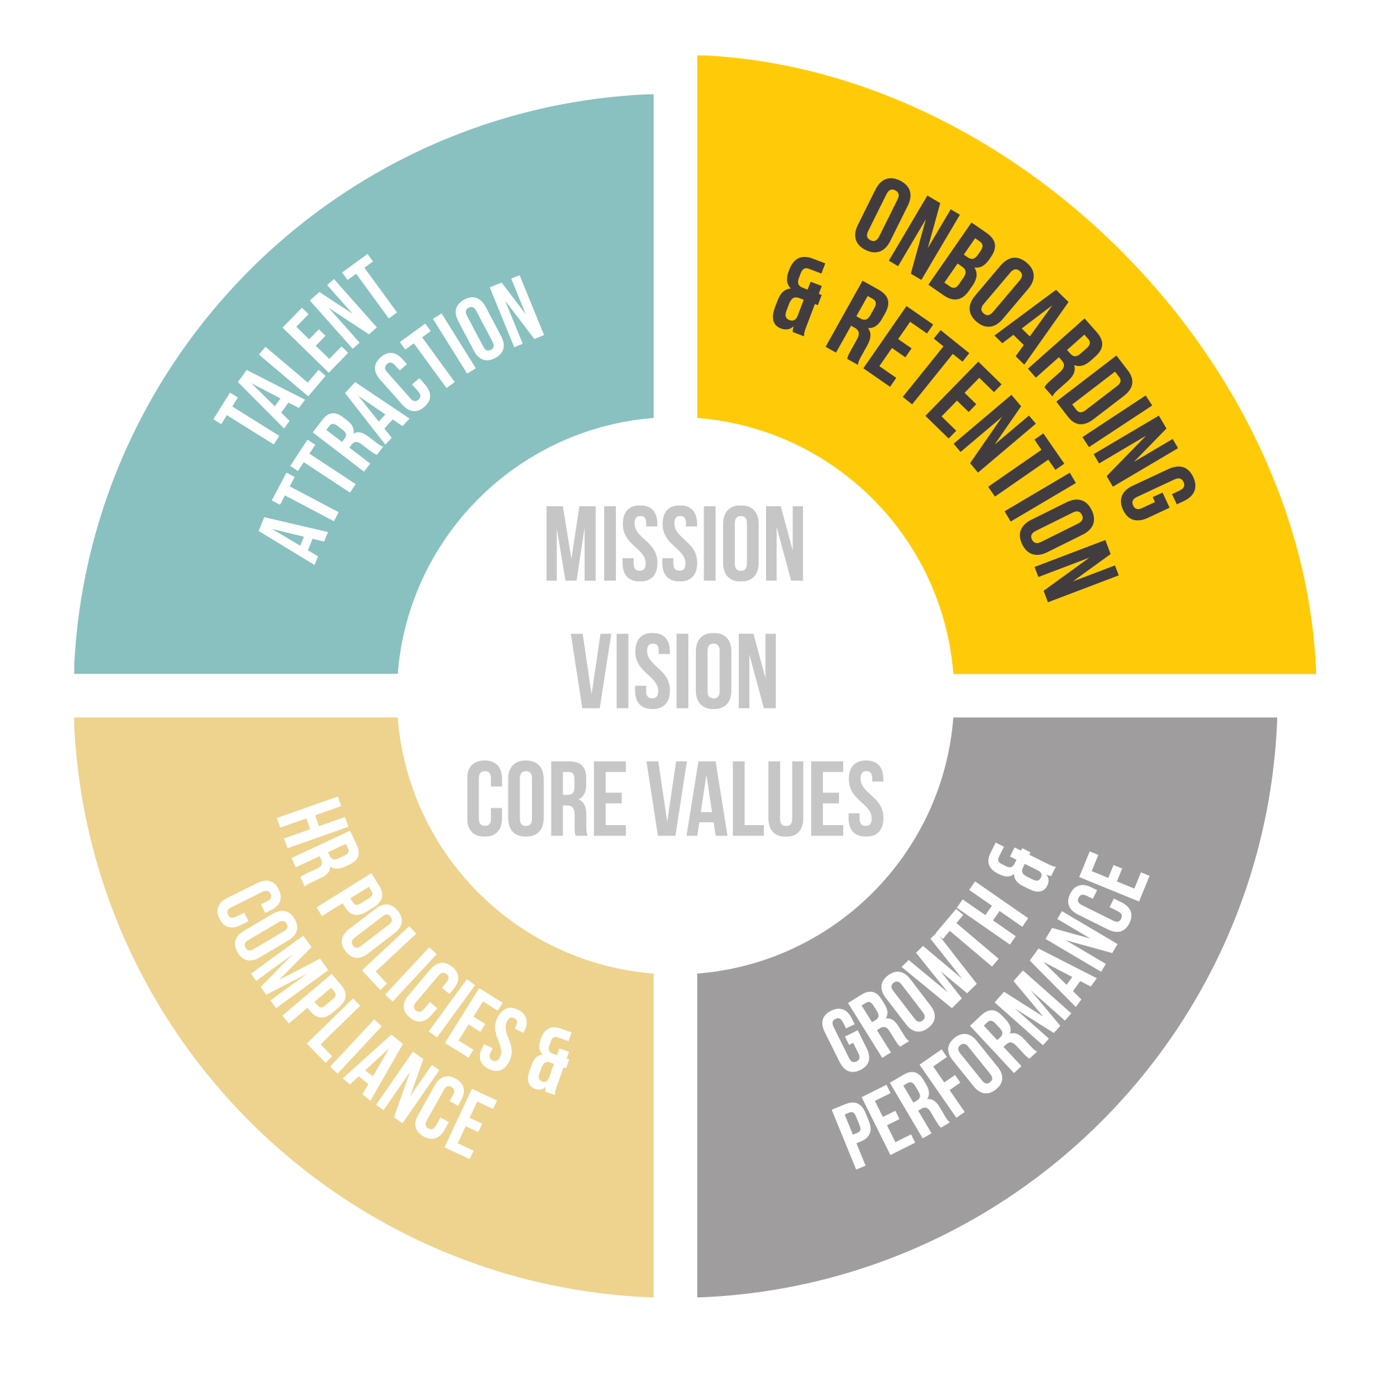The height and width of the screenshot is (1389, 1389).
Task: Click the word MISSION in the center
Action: click(674, 544)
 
